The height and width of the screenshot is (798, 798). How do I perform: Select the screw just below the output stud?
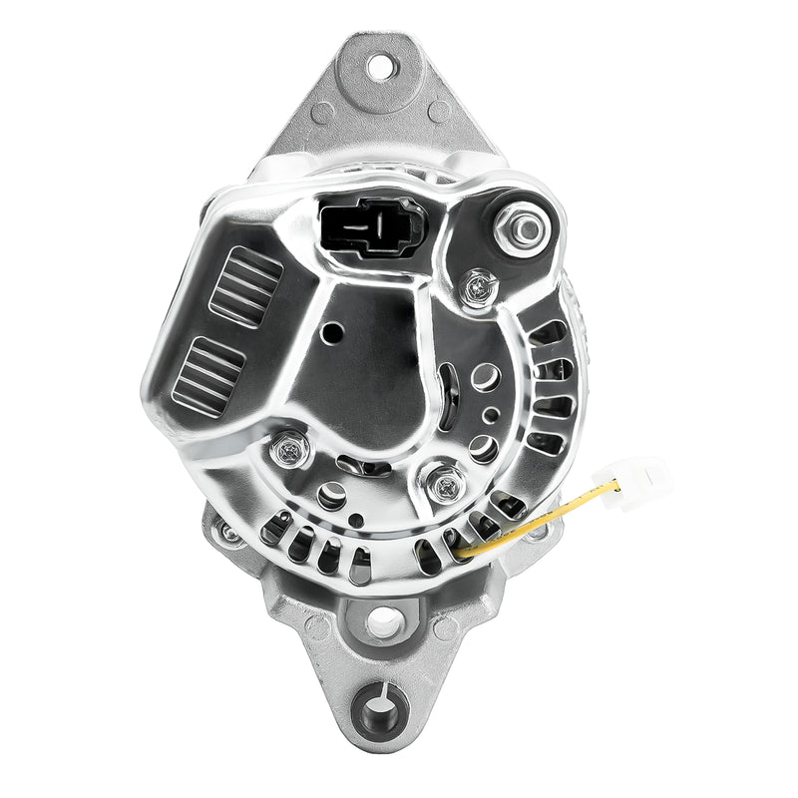pos(480,288)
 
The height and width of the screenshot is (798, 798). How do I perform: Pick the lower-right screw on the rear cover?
pos(445,486)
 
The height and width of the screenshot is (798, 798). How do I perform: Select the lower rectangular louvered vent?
pos(208,374)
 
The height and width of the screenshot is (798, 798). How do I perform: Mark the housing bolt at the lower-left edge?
pos(229,535)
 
